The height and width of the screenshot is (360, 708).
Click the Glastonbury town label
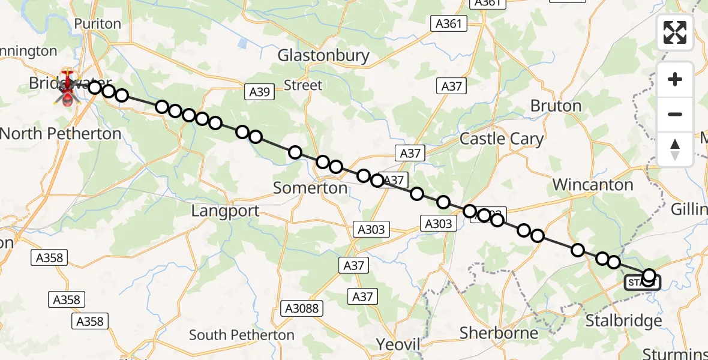pos(323,56)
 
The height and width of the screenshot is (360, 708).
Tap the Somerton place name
pos(310,188)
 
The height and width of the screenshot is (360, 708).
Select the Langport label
pos(225,211)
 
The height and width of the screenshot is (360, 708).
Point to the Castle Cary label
pos(502,139)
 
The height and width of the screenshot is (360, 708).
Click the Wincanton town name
pos(593,185)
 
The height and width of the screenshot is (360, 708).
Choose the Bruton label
pos(556,106)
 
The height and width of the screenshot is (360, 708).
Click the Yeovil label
pos(398,344)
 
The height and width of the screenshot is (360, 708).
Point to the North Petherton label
pos(61,133)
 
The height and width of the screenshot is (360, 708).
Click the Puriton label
pos(97,24)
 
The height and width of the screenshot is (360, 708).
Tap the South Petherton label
pos(242,335)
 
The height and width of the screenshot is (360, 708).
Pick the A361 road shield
pos(448,24)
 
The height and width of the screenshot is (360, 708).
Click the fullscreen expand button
pos(675,32)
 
